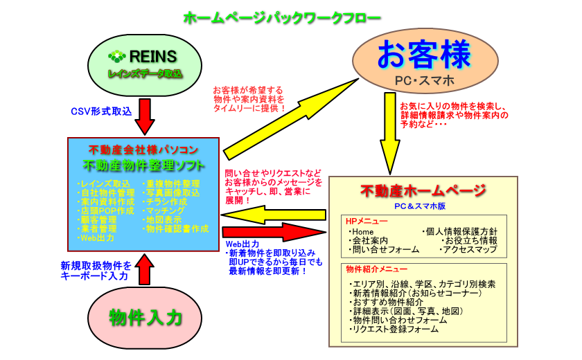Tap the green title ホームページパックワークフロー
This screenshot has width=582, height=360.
(x=282, y=19)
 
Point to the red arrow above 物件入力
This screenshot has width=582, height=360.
(x=145, y=269)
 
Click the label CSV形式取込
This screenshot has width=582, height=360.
(x=101, y=111)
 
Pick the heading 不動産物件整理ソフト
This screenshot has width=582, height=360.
(x=143, y=165)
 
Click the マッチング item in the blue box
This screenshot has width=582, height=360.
(x=165, y=210)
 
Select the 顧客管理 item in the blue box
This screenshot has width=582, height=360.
(x=98, y=219)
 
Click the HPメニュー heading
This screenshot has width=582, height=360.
(x=367, y=221)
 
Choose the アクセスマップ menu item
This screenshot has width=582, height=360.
(x=468, y=249)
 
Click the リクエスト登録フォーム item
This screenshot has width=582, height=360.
(x=394, y=330)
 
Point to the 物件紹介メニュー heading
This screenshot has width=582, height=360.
(x=376, y=269)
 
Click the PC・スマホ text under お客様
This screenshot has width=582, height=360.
(x=425, y=82)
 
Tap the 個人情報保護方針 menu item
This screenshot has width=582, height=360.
(x=464, y=231)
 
